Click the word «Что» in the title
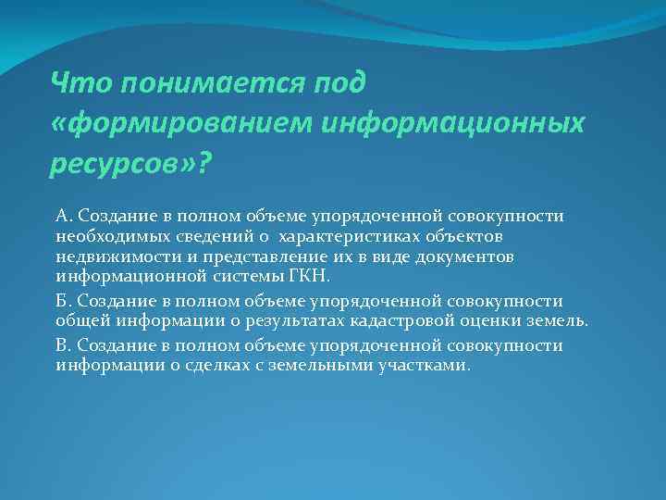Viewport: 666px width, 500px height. (x=76, y=83)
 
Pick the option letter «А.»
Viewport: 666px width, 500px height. (x=65, y=216)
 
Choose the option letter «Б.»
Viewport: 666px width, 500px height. (x=65, y=302)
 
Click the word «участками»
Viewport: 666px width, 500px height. (x=421, y=365)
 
